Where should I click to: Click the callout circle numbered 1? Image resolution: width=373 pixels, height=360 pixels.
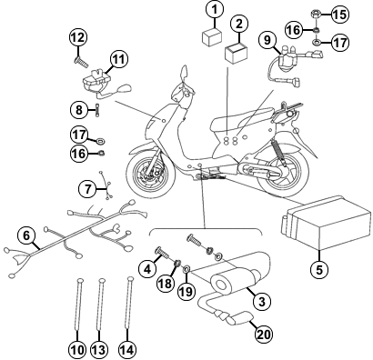point(215,10)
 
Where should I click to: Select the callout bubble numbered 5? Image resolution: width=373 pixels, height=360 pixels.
point(319,269)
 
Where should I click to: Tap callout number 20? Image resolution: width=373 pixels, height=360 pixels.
point(263,334)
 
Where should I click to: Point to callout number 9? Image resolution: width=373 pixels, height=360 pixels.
point(267,41)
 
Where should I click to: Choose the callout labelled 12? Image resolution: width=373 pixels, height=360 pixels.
point(78,38)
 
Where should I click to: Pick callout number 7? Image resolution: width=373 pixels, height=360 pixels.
point(87,189)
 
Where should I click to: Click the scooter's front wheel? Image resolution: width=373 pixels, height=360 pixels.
point(150,172)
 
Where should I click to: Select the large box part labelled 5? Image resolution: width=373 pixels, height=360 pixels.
point(326,223)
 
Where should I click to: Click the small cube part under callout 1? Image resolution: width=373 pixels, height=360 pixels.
point(212,37)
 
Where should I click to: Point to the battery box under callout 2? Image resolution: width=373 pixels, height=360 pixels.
point(237,54)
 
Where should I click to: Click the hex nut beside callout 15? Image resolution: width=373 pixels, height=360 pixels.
point(316,15)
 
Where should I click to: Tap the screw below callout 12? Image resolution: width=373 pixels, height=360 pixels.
point(81,63)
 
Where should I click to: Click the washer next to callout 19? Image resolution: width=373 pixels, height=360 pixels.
point(186,268)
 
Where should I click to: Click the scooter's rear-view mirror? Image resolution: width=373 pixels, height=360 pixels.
point(184,73)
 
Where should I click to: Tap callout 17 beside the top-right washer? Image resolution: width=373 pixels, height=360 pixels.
point(340,42)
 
